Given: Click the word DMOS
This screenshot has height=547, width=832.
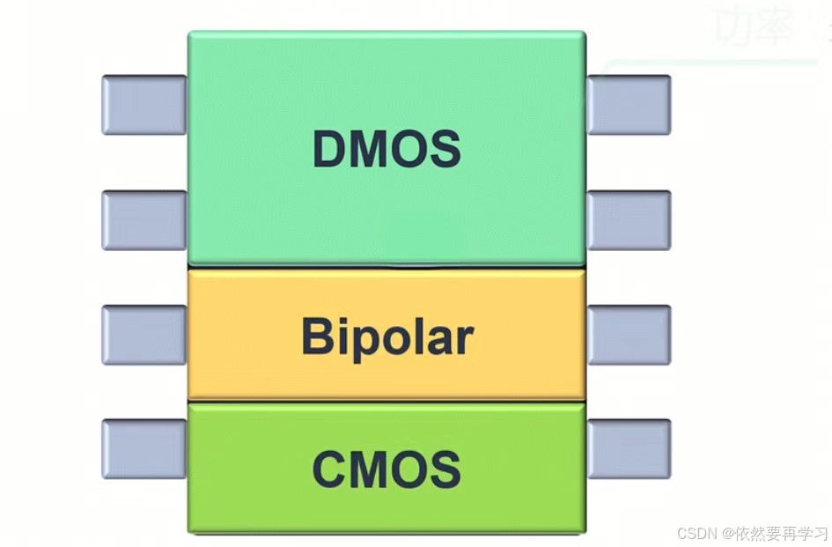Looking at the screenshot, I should coord(387,150).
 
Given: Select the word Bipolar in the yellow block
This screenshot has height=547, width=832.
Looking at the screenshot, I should coord(387,337).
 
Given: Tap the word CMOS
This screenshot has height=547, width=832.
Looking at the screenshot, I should coord(387,469).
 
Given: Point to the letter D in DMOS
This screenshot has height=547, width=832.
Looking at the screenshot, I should coord(329,150).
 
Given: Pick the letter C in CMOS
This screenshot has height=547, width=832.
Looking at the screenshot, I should coord(328,469).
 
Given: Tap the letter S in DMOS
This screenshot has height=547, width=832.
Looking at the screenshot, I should coord(445,150).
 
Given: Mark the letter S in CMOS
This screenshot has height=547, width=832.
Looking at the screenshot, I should coord(445,469).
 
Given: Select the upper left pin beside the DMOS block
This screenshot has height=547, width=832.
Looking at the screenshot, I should coord(144,105).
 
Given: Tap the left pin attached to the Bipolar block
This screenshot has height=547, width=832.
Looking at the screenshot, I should coord(144,335).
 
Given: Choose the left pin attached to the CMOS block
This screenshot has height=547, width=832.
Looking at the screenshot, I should coord(144,449).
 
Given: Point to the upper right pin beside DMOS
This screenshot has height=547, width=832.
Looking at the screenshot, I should coord(629,105).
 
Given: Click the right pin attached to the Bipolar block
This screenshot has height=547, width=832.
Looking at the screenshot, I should coord(629,335).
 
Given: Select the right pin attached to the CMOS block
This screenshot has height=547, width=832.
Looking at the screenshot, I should coord(629,449).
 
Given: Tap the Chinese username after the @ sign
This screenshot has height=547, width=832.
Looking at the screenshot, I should coord(783,533).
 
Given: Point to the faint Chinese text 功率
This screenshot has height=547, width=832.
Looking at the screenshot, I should coord(745,26).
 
